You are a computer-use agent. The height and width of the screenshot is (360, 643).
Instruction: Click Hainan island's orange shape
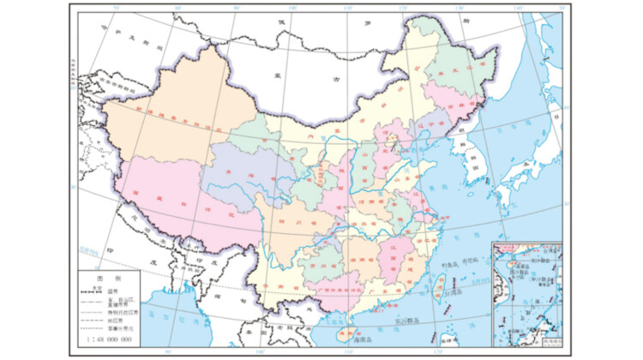point(347,333)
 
